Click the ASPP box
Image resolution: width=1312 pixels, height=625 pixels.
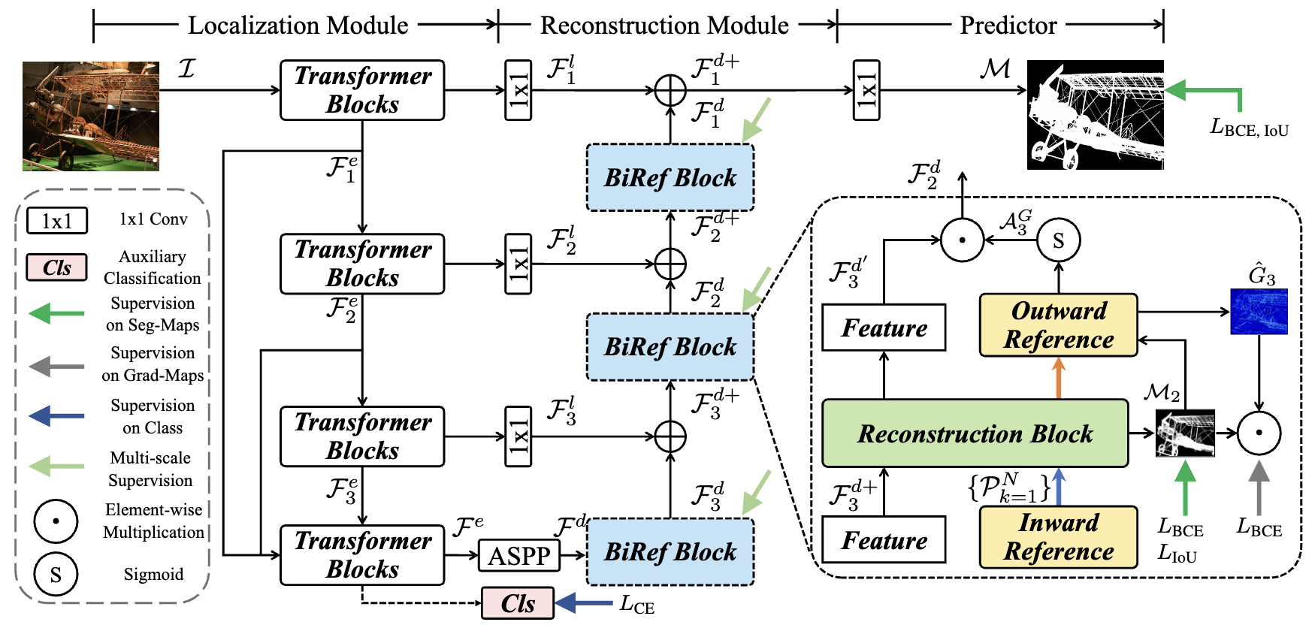point(519,556)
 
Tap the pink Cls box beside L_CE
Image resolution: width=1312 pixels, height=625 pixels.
point(518,603)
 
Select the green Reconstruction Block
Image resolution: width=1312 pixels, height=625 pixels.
point(975,433)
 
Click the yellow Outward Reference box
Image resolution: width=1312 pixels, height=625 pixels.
point(1058,325)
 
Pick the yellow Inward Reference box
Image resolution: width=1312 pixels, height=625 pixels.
point(1058,537)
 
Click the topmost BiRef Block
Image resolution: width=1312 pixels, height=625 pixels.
point(670,177)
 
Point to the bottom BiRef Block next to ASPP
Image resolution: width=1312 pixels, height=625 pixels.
point(670,552)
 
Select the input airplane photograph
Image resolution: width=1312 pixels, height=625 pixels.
point(91,116)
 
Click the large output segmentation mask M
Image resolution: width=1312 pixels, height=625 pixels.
point(1095,115)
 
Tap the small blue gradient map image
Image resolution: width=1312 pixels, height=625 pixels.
point(1259,311)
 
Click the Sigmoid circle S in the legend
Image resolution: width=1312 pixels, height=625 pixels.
point(56,575)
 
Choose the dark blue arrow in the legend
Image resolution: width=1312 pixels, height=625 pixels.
point(57,415)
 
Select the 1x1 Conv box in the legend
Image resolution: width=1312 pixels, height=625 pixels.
point(57,221)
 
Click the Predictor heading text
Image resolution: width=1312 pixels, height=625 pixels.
point(1008,26)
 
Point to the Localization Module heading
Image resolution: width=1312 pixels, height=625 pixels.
point(298,26)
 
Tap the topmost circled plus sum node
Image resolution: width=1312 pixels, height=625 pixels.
point(670,91)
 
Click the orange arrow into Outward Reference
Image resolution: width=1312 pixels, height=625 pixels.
point(1059,378)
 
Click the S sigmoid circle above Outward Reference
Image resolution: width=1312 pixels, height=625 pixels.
point(1058,240)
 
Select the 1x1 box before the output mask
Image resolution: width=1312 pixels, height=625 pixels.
point(866,90)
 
